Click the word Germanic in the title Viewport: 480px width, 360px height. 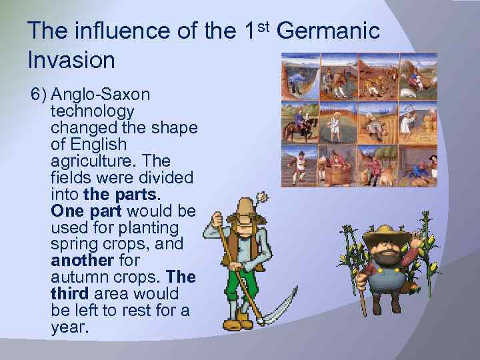click(327, 31)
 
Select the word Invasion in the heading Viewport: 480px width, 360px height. click(71, 60)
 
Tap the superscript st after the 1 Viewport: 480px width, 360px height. click(262, 25)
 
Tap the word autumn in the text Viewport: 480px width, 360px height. click(75, 277)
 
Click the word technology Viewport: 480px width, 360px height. click(92, 111)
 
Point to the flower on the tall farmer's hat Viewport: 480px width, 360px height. click(262, 198)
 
